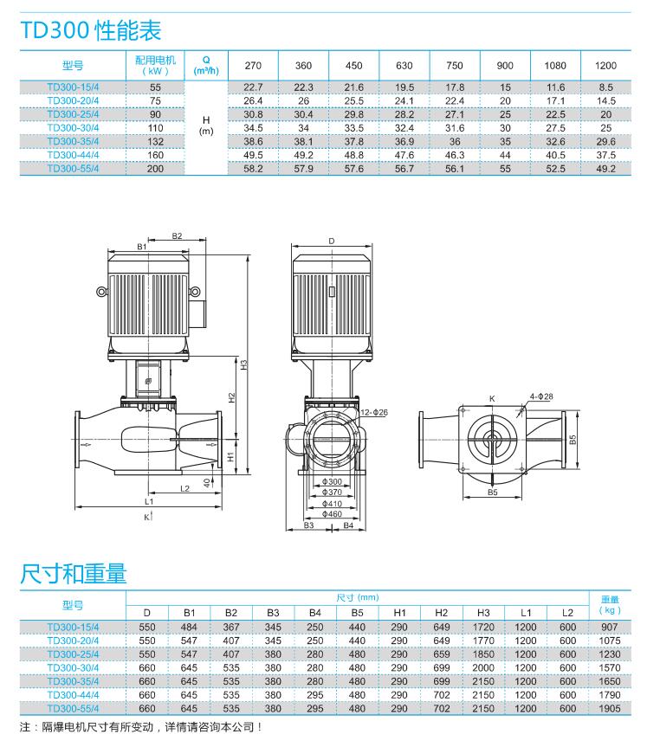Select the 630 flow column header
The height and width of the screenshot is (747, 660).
(x=404, y=66)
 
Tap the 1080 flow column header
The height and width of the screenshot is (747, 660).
(x=555, y=66)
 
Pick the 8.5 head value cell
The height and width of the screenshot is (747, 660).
(x=605, y=87)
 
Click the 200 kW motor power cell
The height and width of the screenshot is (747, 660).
(x=155, y=169)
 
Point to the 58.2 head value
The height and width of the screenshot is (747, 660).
(x=253, y=169)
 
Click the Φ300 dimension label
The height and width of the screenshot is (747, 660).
(x=332, y=481)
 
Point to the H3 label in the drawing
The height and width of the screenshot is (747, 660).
(x=244, y=364)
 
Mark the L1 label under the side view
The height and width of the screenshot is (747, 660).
(x=150, y=501)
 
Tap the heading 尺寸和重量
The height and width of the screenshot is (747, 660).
(x=73, y=572)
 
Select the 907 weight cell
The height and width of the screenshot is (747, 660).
(x=609, y=627)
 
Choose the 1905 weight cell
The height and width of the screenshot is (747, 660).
(x=609, y=707)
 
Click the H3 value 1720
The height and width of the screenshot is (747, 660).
(x=483, y=627)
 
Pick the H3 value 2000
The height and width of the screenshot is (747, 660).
(x=483, y=667)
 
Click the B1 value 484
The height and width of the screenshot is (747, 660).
(x=190, y=627)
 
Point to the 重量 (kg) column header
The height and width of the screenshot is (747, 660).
(x=609, y=605)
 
